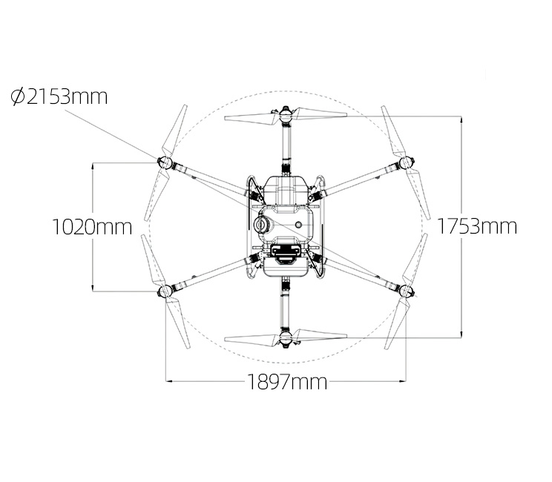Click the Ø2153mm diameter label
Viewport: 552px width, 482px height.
[x=59, y=96]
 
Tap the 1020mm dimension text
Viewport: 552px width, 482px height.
[x=92, y=227]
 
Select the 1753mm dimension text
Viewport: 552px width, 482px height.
[x=477, y=226]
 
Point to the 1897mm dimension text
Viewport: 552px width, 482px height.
[x=287, y=381]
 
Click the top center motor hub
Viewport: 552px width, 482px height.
[x=286, y=115]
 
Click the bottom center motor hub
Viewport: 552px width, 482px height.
[x=286, y=337]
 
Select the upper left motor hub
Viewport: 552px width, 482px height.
[x=165, y=163]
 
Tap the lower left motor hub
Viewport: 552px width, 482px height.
[x=165, y=291]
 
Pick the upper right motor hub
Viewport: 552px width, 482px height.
[x=407, y=162]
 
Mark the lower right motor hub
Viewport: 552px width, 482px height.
[x=407, y=291]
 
